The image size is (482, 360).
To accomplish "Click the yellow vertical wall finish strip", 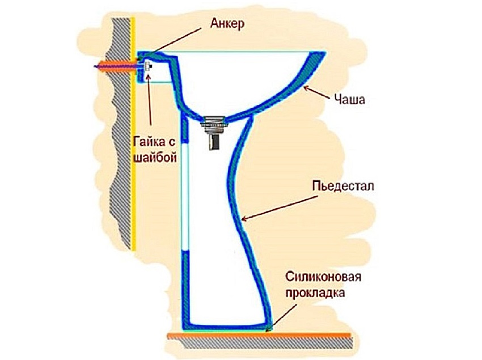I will click(x=134, y=170).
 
